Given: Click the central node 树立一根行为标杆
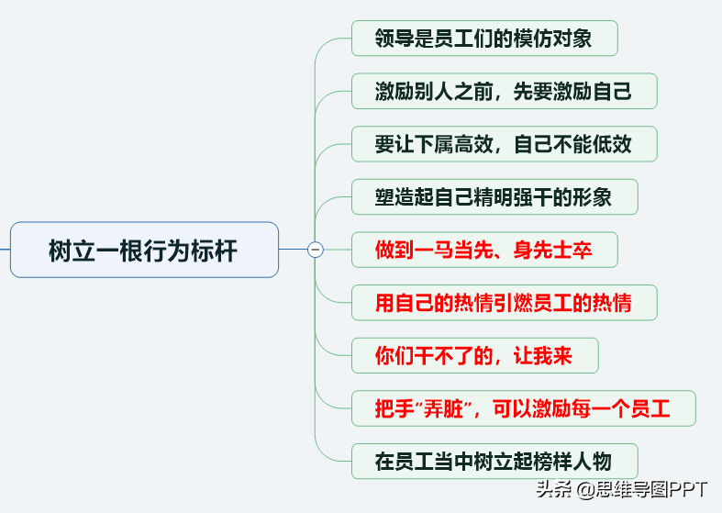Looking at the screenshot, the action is tap(144, 250).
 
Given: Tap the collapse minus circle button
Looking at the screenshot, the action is tap(316, 250).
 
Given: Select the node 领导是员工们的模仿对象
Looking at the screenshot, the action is tap(484, 39).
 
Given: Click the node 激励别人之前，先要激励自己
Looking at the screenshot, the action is tap(505, 91).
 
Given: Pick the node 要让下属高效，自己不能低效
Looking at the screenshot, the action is tap(505, 144).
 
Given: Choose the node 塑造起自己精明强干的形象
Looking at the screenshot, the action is tap(494, 197).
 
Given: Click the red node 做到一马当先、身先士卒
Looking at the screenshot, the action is tap(484, 250).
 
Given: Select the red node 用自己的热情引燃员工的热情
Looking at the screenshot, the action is tap(505, 303).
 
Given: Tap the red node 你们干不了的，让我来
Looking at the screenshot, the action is tap(474, 355).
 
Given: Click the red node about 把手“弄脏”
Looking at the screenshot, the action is tap(524, 408).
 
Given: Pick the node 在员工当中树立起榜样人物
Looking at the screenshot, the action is tap(494, 462).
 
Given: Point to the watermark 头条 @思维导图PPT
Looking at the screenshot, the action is tap(622, 489).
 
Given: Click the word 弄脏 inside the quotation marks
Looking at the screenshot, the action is tap(443, 408).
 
